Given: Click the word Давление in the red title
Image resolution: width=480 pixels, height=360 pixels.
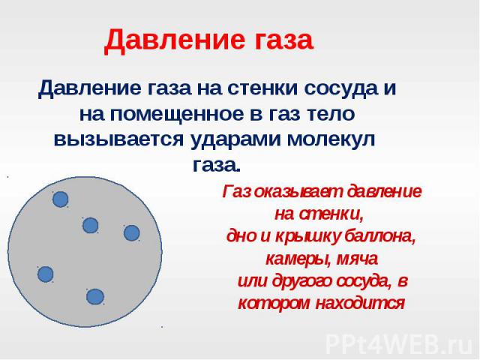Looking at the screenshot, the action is coord(171,40).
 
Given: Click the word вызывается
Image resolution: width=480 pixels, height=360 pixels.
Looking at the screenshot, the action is coord(118,140).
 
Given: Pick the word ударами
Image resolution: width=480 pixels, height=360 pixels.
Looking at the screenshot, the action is coord(235,140).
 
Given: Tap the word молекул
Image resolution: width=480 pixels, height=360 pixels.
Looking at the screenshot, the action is coord(331,139).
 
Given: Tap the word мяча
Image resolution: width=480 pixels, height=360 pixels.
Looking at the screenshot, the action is coord(357,259).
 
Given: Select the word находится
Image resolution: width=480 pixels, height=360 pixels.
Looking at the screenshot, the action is coord(360,304).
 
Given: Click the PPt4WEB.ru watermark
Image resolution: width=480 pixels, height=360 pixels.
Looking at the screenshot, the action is coord(400,345).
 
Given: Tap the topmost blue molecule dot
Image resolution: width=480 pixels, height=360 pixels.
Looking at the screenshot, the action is coord(60,199).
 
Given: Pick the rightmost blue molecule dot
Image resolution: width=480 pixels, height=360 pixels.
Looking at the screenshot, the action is coord(132,233).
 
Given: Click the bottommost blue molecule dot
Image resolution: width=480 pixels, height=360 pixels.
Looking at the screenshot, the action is coord(95,297).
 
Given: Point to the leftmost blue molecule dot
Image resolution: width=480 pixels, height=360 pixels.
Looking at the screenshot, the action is coord(45,274).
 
